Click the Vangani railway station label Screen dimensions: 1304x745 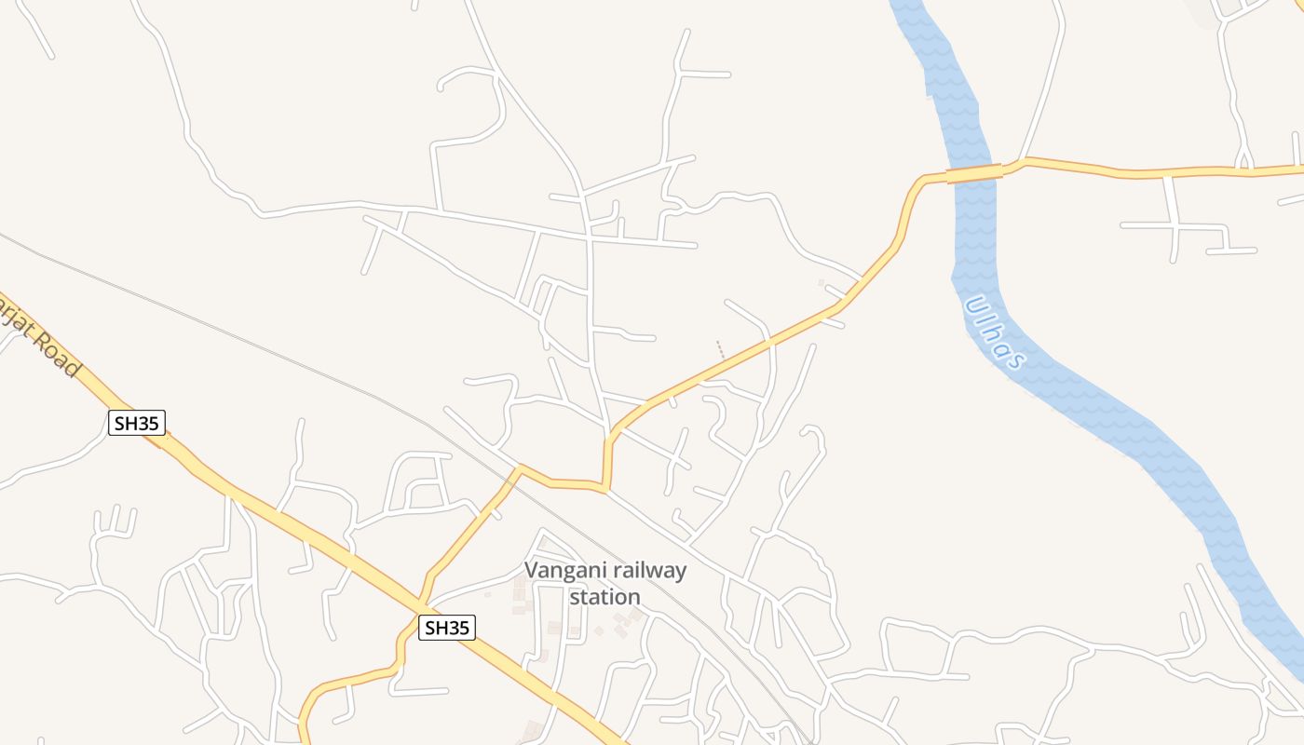pyautogui.click(x=605, y=583)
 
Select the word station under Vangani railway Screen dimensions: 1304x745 pyautogui.click(x=605, y=597)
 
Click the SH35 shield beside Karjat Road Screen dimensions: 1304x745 pyautogui.click(x=137, y=423)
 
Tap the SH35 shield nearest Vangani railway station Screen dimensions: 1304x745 pyautogui.click(x=446, y=628)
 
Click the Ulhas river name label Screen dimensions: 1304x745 pyautogui.click(x=996, y=332)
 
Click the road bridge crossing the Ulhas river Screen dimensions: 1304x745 pyautogui.click(x=974, y=173)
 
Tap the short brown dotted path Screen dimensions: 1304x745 pyautogui.click(x=721, y=349)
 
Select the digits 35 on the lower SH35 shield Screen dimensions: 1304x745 pyautogui.click(x=457, y=628)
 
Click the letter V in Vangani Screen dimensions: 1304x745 pyautogui.click(x=532, y=570)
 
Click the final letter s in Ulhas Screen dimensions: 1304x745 pyautogui.click(x=1016, y=359)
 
